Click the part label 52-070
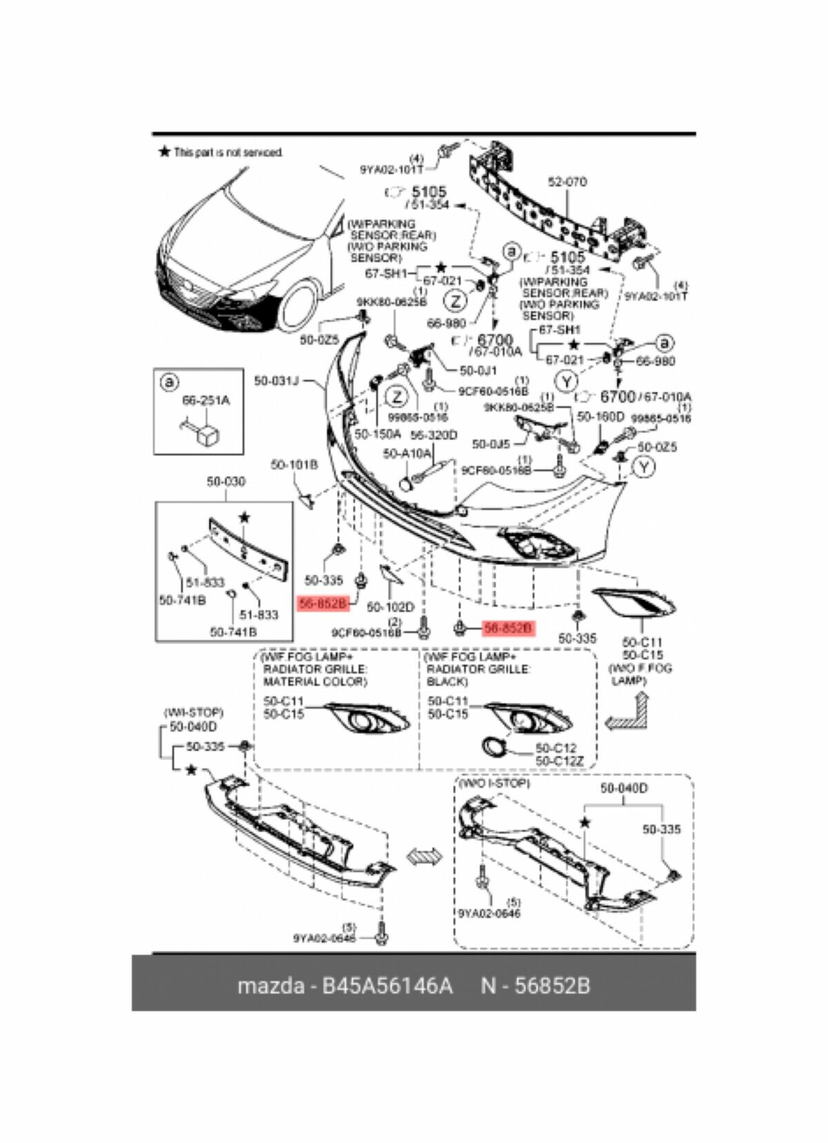(567, 182)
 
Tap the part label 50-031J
(276, 380)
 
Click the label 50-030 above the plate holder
(226, 481)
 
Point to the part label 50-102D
(390, 607)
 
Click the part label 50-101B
(294, 465)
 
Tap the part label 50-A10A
(407, 453)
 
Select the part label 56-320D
(434, 435)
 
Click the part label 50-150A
(377, 434)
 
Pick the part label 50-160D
(600, 417)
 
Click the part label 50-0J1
(473, 371)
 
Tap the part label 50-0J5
(491, 444)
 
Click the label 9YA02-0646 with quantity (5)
(489, 913)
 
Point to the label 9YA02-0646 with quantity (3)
(324, 938)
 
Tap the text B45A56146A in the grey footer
(384, 985)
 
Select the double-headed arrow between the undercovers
(424, 856)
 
